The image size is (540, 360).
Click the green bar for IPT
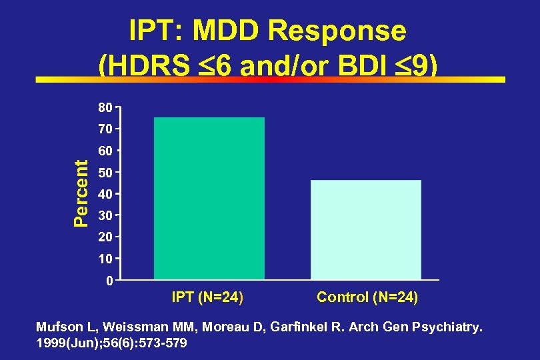[209, 198]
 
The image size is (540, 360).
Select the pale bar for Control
[366, 229]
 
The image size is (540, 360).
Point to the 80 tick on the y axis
[105, 106]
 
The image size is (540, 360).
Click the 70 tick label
[105, 128]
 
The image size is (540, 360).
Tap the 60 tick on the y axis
[105, 151]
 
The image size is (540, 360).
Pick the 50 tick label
[105, 173]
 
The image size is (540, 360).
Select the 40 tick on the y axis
[105, 194]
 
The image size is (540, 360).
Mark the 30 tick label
[105, 215]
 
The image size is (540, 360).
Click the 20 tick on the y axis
[105, 237]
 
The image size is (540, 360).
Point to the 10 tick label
[105, 258]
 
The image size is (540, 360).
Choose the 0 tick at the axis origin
[109, 281]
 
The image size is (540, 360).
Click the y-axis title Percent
[80, 193]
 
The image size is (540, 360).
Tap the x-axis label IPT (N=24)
[207, 297]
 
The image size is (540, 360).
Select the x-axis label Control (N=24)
[367, 297]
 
